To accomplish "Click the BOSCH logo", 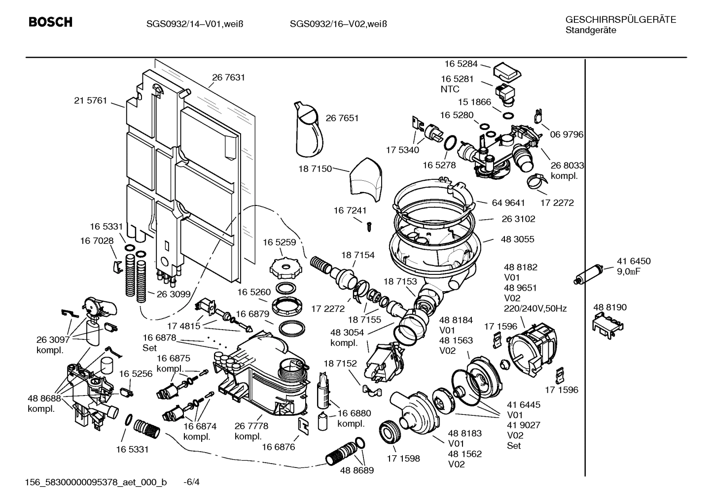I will click(50, 23).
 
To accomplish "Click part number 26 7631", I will click(228, 77).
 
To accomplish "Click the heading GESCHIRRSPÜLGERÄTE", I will click(620, 20).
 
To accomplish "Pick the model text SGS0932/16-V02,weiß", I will click(338, 23).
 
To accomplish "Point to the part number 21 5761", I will click(90, 100).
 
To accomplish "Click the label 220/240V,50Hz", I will click(535, 309).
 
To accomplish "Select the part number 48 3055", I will click(517, 239).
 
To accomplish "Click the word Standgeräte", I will click(590, 30).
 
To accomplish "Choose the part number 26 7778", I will click(251, 426).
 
